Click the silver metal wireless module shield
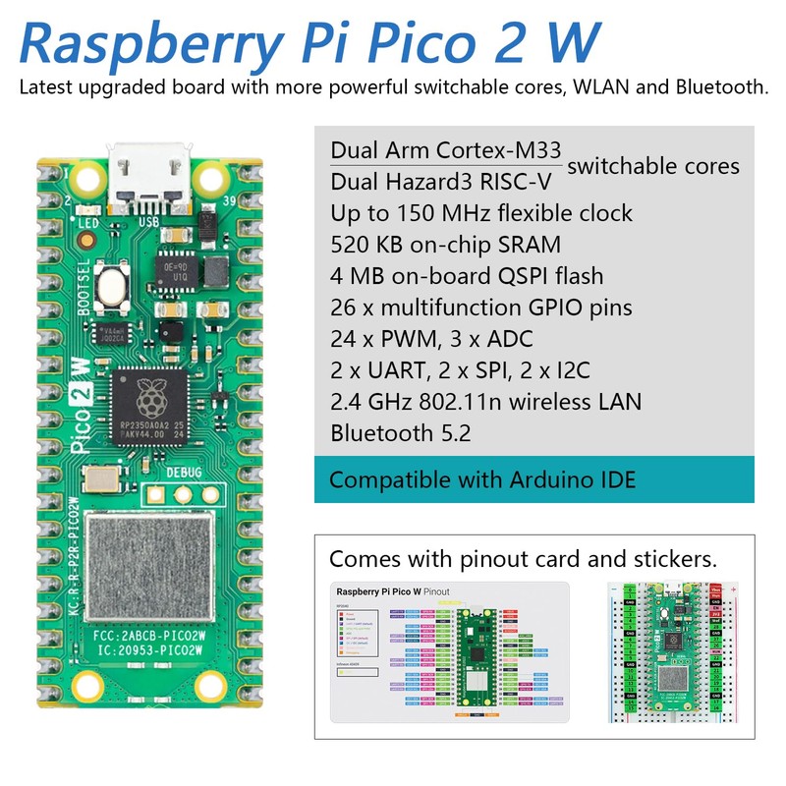click(149, 566)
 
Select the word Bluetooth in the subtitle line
click(719, 87)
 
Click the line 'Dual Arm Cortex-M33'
click(445, 151)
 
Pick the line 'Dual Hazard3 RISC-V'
click(443, 182)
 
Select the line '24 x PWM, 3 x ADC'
click(431, 339)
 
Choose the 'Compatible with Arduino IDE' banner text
click(482, 480)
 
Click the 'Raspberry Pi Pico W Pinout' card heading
click(393, 592)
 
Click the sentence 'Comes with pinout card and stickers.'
click(523, 559)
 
